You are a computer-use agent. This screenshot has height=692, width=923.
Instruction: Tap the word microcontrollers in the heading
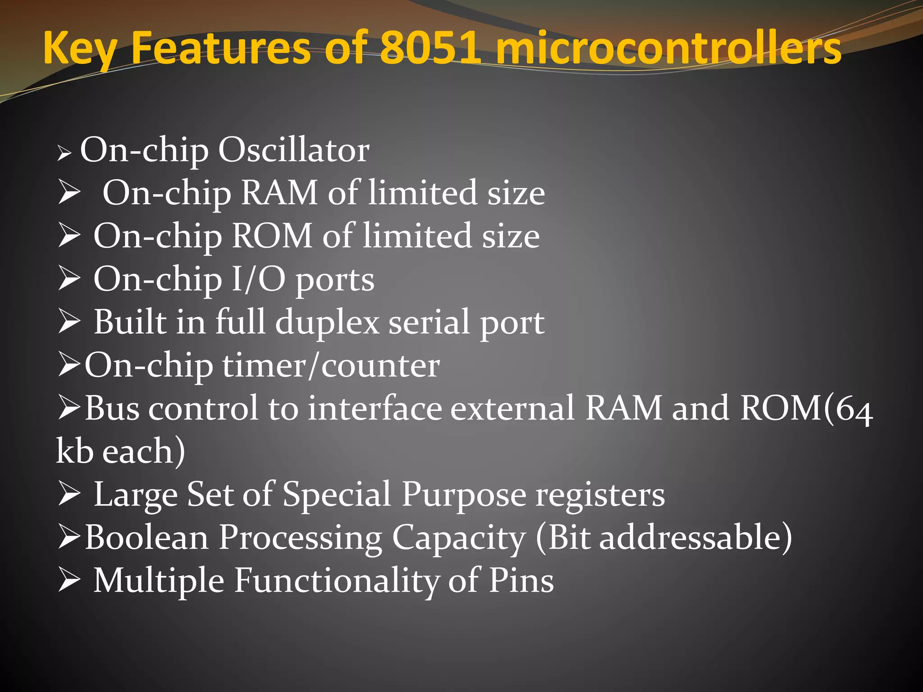(668, 48)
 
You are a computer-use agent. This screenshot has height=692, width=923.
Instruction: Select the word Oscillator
(294, 150)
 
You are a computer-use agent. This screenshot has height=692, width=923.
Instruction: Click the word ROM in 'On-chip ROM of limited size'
(272, 236)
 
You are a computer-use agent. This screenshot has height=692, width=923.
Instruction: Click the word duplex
(328, 322)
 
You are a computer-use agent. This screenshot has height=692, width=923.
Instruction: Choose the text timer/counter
(331, 365)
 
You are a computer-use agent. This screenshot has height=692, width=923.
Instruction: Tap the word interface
(375, 408)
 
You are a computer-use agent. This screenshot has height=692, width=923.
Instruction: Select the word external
(512, 408)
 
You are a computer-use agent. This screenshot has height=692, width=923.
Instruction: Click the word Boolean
(146, 537)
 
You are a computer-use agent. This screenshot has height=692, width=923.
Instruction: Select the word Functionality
(337, 580)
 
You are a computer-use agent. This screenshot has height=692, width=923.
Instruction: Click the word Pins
(521, 580)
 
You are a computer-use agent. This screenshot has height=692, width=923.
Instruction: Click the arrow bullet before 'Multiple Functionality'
(69, 580)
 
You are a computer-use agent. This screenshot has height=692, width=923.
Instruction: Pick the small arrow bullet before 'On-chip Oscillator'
(64, 154)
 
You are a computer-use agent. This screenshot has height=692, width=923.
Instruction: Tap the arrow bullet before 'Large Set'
(69, 494)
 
